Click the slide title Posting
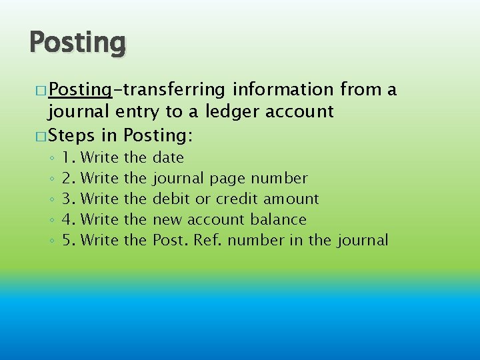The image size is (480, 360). click(77, 43)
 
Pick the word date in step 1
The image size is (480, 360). click(169, 157)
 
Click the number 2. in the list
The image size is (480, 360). click(68, 178)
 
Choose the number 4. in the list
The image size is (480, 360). click(68, 219)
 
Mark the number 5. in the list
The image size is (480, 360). click(68, 240)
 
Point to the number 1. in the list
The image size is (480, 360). click(68, 157)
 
